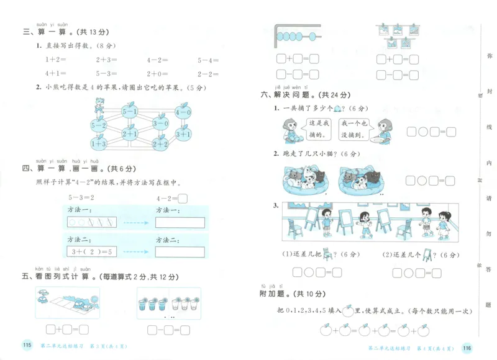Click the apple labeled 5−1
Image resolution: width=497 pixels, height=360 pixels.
click(129, 112)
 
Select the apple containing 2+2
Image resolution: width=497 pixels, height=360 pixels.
click(160, 144)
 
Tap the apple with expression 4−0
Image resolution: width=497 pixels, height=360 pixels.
click(183, 112)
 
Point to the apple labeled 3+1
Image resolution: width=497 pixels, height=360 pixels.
click(183, 133)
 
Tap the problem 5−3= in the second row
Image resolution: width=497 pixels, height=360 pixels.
click(106, 73)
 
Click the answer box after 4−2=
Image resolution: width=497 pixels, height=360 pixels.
click(183, 199)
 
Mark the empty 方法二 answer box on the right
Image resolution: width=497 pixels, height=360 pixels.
click(180, 251)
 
